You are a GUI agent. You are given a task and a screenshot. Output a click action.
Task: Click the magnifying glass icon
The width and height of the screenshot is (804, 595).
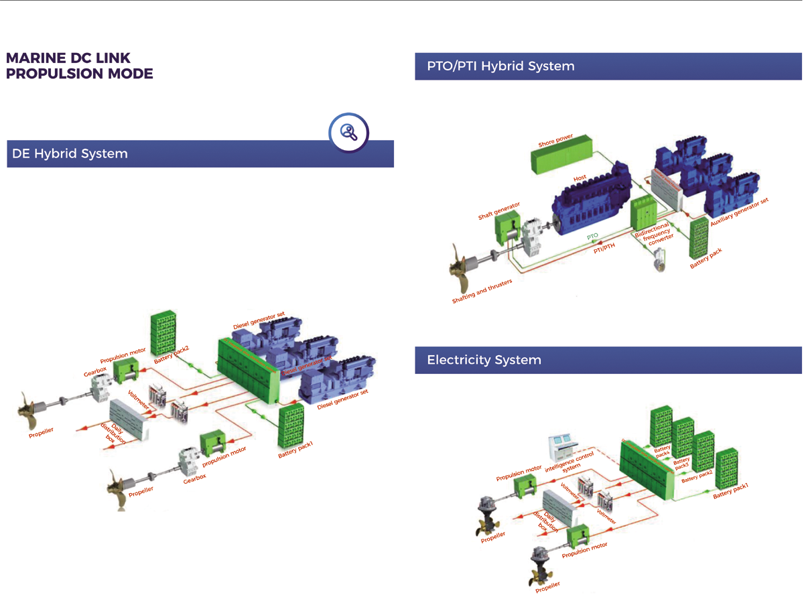coord(348,132)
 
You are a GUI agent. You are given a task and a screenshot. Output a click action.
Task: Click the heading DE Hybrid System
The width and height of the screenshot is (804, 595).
coord(70,153)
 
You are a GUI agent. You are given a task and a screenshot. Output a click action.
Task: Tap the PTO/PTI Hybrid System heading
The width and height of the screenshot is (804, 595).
coord(500,66)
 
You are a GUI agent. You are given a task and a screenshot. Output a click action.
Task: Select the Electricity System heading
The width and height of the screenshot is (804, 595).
coord(484,360)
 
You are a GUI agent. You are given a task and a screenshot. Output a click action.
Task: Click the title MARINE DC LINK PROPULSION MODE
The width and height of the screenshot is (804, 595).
coord(79,66)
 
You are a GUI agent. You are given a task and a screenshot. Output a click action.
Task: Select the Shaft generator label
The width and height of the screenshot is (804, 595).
coord(498,212)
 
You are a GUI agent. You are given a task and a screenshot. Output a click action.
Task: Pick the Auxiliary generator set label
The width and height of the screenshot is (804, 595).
coord(739,212)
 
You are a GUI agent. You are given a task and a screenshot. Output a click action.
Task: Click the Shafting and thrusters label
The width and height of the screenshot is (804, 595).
coord(482,291)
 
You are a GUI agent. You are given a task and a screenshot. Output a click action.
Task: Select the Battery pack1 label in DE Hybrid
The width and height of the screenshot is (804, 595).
coord(295,450)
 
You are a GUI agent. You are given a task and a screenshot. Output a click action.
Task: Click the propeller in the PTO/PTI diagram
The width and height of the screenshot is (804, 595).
coord(463,266)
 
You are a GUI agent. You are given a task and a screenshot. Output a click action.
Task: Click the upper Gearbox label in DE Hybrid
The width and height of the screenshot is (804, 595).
coord(95,370)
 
